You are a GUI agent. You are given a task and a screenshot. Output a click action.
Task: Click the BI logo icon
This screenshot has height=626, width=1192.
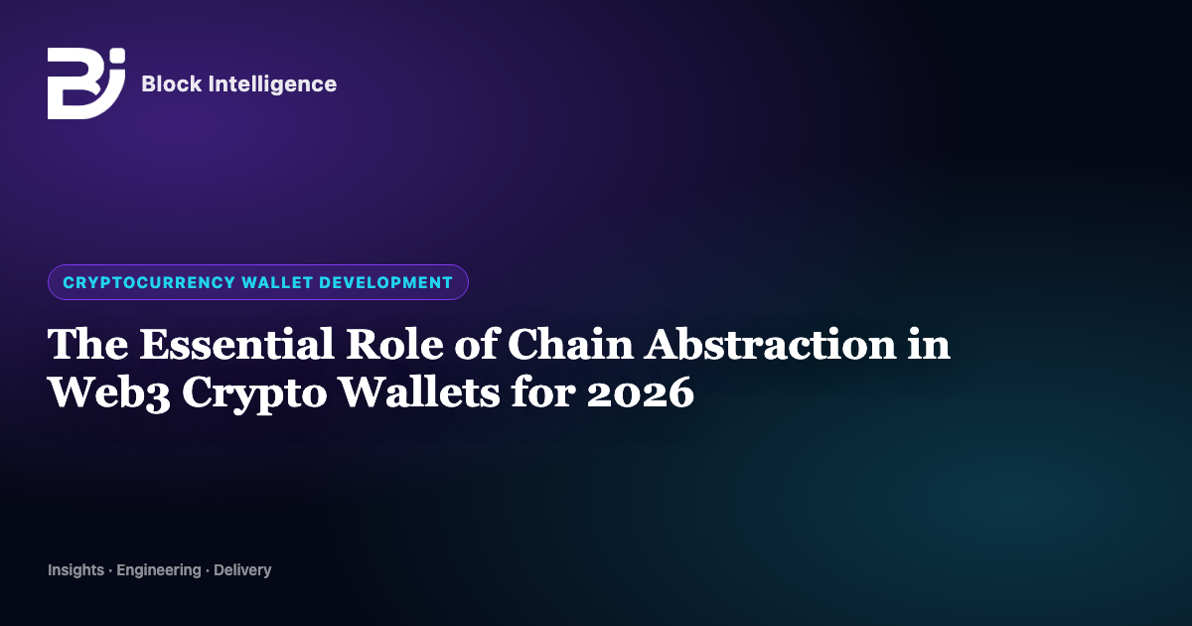pyautogui.click(x=86, y=83)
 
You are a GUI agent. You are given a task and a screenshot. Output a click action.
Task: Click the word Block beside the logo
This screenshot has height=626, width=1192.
pyautogui.click(x=171, y=83)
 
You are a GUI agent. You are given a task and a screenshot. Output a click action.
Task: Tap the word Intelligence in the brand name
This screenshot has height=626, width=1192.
pyautogui.click(x=272, y=84)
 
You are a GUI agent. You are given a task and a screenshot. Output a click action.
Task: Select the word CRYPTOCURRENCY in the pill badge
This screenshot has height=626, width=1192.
pyautogui.click(x=149, y=282)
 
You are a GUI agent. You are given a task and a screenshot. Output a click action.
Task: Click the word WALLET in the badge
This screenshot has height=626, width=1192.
pyautogui.click(x=277, y=282)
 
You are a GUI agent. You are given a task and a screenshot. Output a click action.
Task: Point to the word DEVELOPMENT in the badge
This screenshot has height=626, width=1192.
pyautogui.click(x=385, y=282)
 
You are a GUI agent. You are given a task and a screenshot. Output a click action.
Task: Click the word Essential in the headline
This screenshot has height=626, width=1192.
pyautogui.click(x=236, y=344)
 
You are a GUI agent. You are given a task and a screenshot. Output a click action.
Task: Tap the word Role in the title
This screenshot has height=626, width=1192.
pyautogui.click(x=394, y=344)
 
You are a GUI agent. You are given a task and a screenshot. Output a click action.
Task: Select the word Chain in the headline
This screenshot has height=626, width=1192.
pyautogui.click(x=570, y=344)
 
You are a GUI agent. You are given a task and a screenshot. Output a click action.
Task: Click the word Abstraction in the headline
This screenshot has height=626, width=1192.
pyautogui.click(x=771, y=344)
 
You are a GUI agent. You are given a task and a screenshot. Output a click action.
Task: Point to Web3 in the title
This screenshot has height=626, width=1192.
pyautogui.click(x=109, y=392)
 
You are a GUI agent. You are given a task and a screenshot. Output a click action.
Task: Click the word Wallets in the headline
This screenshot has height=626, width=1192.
pyautogui.click(x=420, y=391)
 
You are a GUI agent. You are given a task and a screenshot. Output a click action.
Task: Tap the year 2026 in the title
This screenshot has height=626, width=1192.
pyautogui.click(x=640, y=392)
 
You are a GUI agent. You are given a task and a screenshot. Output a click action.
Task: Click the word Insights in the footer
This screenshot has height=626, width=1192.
pyautogui.click(x=75, y=570)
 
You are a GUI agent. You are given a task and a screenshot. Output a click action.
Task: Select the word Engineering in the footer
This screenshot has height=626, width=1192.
pyautogui.click(x=159, y=570)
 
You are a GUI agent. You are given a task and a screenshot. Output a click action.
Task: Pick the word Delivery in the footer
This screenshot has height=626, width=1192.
pyautogui.click(x=242, y=570)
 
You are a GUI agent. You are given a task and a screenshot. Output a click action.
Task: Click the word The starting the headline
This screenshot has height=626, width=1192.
pyautogui.click(x=87, y=344)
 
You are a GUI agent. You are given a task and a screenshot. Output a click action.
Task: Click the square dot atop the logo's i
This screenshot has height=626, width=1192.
pyautogui.click(x=118, y=56)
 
